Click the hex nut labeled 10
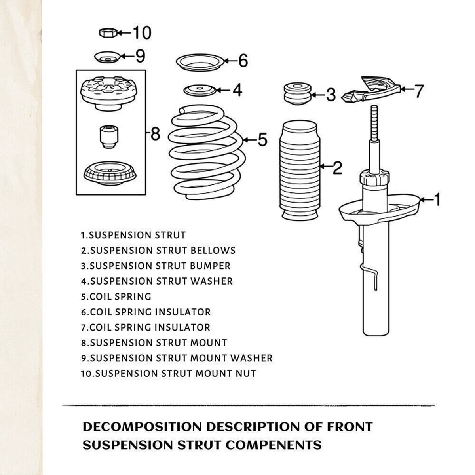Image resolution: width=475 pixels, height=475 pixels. click(x=108, y=32)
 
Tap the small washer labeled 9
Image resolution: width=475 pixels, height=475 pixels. click(x=107, y=57)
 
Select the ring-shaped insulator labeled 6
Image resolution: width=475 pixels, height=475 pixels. click(x=200, y=63)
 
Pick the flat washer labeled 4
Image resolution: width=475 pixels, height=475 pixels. click(x=200, y=91)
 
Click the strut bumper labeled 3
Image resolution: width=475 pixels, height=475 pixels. click(x=298, y=94)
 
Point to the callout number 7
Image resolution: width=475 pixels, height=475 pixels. click(x=418, y=91)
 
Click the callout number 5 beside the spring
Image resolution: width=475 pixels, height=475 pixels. click(x=262, y=139)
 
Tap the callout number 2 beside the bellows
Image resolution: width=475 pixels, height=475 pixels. click(x=337, y=168)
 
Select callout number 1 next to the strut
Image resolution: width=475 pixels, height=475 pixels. click(x=437, y=199)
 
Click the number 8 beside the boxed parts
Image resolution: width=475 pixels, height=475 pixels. click(x=155, y=134)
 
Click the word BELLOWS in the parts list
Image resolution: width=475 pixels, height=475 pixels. click(x=213, y=251)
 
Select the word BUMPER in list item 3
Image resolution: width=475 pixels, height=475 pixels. click(x=210, y=266)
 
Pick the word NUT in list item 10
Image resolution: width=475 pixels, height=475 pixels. click(x=245, y=373)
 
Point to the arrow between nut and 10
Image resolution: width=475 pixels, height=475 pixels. click(x=125, y=32)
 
